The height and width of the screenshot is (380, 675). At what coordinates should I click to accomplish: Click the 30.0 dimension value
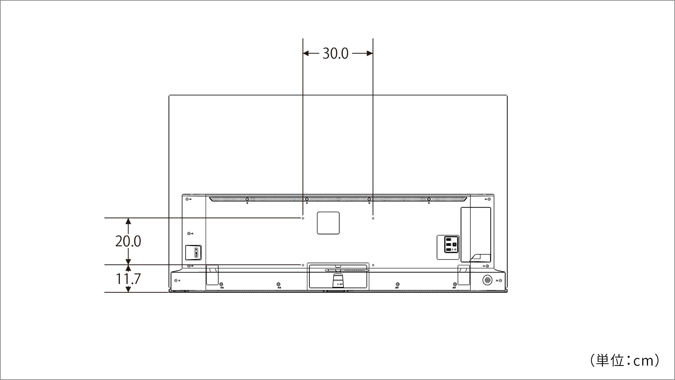335,53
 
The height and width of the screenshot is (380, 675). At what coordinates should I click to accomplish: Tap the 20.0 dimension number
128,241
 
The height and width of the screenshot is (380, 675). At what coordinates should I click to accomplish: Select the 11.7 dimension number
128,279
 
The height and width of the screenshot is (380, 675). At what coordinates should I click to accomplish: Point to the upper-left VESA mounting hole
303,218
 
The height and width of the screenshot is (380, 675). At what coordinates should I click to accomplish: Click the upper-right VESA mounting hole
373,218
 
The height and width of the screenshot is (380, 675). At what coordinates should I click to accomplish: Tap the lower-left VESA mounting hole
303,265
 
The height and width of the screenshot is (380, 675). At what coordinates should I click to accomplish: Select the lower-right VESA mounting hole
373,265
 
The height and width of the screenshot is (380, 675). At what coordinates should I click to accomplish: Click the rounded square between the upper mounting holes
328,223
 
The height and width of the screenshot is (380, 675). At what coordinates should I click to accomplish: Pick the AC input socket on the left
193,253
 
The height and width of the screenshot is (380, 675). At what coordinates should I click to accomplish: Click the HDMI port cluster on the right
448,245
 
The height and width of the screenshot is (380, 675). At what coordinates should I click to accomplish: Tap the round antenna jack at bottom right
487,280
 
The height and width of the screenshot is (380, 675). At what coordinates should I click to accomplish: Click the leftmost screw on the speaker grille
247,199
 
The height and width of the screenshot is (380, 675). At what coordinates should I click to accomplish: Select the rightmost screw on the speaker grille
429,199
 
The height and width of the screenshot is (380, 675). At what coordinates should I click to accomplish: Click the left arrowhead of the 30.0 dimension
306,53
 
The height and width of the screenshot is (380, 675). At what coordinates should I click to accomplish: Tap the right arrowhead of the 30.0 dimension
370,53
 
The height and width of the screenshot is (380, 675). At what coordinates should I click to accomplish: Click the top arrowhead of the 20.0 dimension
128,221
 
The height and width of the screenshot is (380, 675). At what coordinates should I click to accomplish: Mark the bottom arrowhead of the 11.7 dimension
128,289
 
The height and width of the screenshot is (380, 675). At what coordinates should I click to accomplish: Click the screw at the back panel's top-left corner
187,199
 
